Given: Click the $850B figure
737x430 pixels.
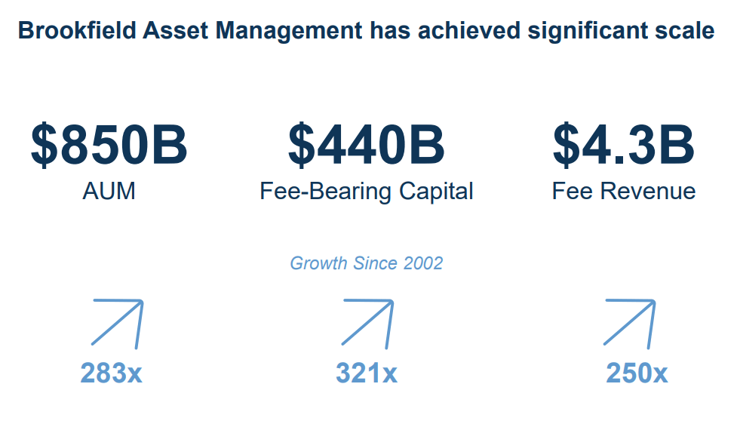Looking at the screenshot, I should pos(109,145).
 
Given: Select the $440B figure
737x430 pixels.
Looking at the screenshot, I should pos(367,145).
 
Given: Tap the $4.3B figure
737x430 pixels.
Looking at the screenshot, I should pos(623,145).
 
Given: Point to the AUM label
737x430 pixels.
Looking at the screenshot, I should pos(109,191).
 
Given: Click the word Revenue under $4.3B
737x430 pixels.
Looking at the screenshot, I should pos(649,191).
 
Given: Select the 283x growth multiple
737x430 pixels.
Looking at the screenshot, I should pos(111,373).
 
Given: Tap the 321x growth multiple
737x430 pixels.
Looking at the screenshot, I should pos(367,373).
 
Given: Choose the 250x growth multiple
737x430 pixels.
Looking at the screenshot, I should pos(637,373).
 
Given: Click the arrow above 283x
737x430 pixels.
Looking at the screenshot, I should pos(118,323).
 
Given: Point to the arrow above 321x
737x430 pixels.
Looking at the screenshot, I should pos(368,323).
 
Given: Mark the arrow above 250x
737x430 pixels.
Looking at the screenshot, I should pos(630,322).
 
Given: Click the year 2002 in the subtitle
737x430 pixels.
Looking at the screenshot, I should pos(423,263).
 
